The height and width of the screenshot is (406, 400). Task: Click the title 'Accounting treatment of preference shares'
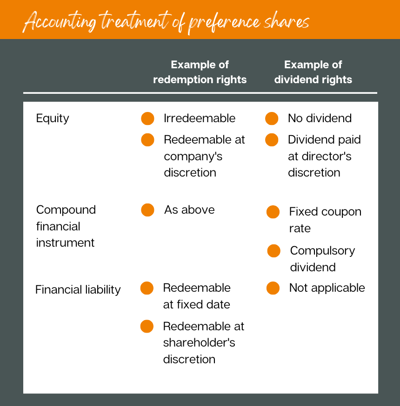pyautogui.click(x=166, y=21)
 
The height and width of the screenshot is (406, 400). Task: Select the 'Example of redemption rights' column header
pyautogui.click(x=200, y=72)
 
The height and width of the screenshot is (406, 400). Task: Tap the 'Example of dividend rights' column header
pyautogui.click(x=313, y=72)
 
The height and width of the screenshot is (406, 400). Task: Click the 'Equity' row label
pyautogui.click(x=53, y=118)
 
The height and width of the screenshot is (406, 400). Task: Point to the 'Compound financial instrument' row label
pyautogui.click(x=66, y=226)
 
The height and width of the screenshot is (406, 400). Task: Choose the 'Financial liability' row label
pyautogui.click(x=78, y=290)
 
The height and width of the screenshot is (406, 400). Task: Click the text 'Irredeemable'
pyautogui.click(x=200, y=118)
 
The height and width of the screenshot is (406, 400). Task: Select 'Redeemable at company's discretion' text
pyautogui.click(x=204, y=156)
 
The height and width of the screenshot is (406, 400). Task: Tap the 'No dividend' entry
pyautogui.click(x=320, y=118)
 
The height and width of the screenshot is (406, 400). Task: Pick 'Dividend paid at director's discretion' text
pyautogui.click(x=324, y=156)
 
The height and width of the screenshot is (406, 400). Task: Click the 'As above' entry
pyautogui.click(x=189, y=210)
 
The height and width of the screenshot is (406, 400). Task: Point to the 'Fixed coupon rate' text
pyautogui.click(x=325, y=220)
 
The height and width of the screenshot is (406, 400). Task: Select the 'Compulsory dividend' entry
pyautogui.click(x=322, y=259)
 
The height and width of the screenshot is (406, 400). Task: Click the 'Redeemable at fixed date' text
pyautogui.click(x=197, y=296)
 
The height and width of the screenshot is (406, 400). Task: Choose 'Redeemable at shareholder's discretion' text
pyautogui.click(x=203, y=343)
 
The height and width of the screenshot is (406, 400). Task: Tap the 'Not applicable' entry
pyautogui.click(x=327, y=288)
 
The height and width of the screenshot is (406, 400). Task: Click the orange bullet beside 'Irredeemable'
pyautogui.click(x=147, y=118)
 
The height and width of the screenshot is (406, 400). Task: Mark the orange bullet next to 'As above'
pyautogui.click(x=147, y=210)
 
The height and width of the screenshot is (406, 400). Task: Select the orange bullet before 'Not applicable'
pyautogui.click(x=273, y=288)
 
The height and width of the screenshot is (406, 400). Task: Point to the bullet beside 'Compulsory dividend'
pyautogui.click(x=274, y=251)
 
